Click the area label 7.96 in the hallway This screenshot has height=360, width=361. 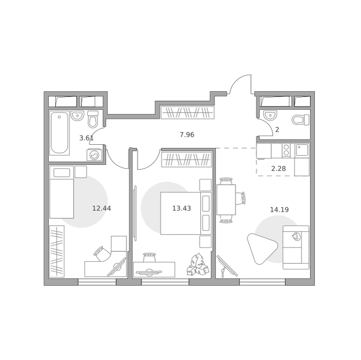(187, 135)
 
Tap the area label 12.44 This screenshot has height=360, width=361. (101, 208)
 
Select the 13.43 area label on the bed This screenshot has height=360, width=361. (182, 208)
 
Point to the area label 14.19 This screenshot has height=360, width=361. (279, 209)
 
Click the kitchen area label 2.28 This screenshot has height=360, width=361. (279, 169)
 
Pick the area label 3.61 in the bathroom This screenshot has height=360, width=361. (87, 138)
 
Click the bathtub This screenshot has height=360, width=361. (59, 133)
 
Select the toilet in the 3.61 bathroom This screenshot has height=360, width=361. (93, 119)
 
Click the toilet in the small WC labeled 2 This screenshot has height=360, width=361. (300, 120)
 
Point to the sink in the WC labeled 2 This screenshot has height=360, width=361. (270, 115)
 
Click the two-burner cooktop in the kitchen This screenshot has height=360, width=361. (286, 151)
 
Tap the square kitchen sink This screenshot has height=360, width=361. (302, 150)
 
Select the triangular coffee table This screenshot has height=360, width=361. (261, 248)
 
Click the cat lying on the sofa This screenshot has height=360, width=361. (296, 236)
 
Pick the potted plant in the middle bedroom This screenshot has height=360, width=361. (198, 265)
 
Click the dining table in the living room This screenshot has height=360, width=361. (226, 200)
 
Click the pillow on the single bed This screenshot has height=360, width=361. (62, 173)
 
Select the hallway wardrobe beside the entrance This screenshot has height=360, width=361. (187, 112)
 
